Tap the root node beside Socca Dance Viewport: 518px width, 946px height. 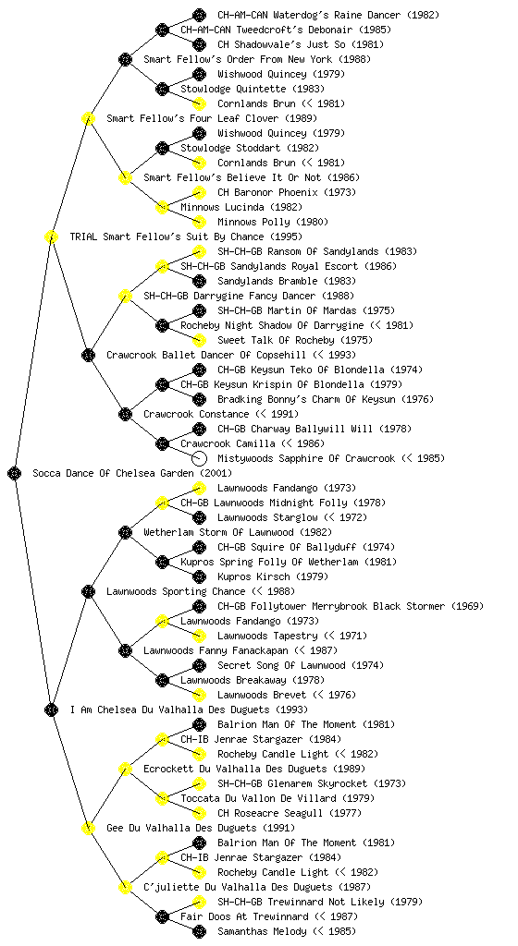click(x=15, y=473)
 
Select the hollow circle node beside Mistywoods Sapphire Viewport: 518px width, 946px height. click(x=199, y=458)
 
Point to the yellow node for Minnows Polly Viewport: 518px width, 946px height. click(x=199, y=222)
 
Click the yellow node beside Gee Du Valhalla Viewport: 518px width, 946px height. click(x=88, y=828)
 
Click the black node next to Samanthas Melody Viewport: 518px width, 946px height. click(x=199, y=931)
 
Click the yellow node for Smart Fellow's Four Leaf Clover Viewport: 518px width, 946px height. click(x=88, y=118)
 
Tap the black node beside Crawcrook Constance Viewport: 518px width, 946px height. click(x=125, y=414)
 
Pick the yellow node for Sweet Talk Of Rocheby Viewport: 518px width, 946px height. click(x=199, y=340)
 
